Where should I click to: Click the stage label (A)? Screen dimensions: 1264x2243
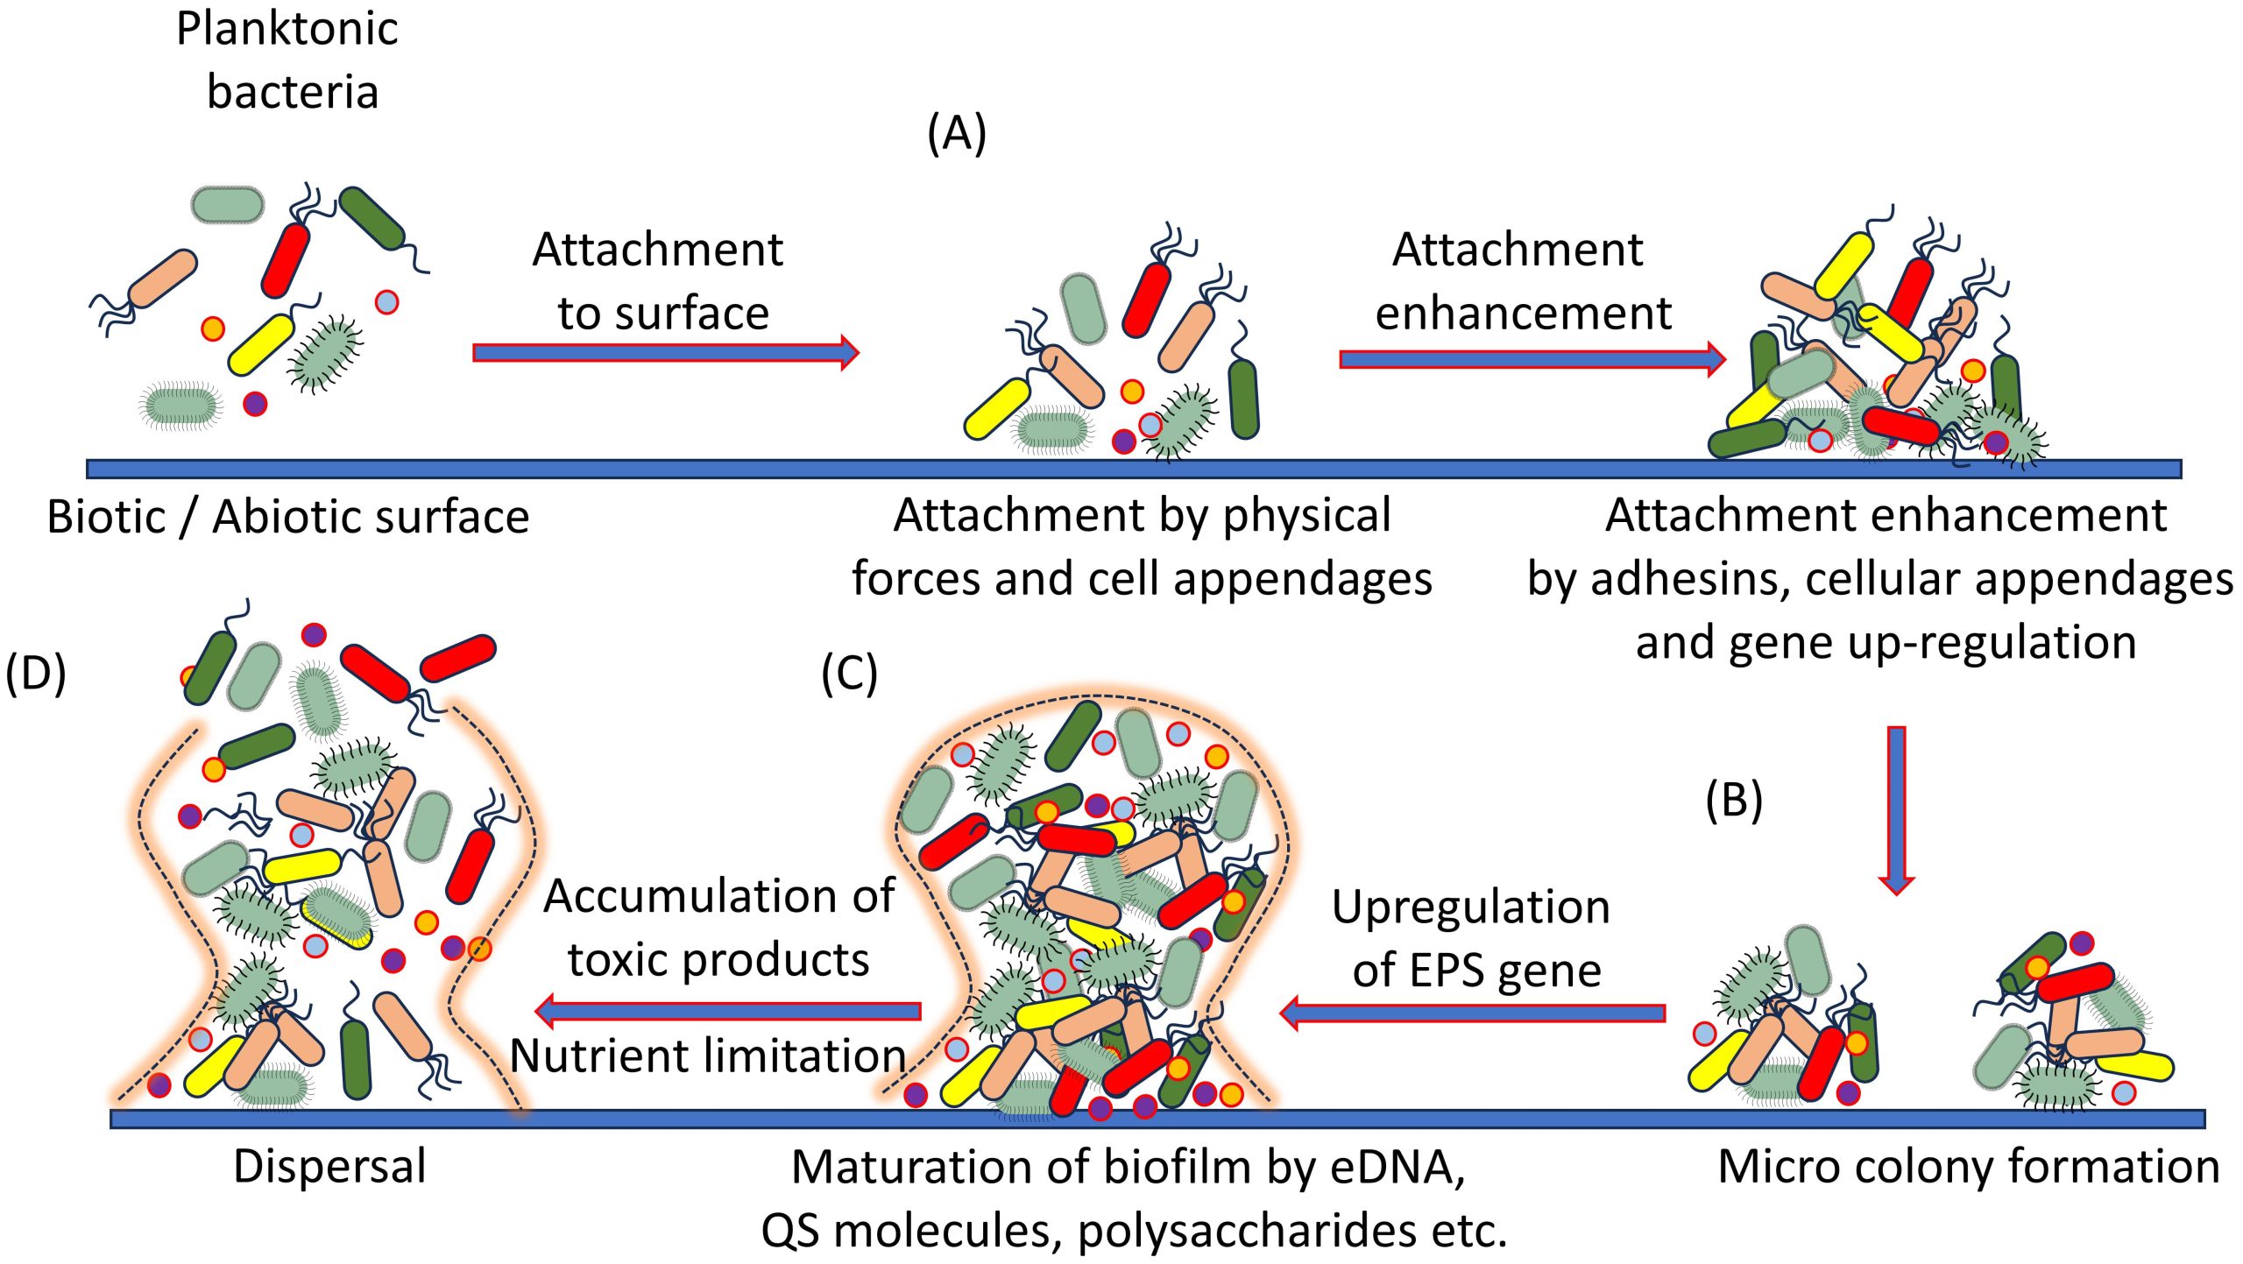pos(957,134)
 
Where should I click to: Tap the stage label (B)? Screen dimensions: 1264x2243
pos(1733,801)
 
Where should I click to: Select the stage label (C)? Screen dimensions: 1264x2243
pos(849,674)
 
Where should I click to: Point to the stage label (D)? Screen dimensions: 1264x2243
pos(36,674)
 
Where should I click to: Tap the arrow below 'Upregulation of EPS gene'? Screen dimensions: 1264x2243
pos(1472,1013)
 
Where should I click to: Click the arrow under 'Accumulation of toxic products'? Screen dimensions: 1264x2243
pos(727,1011)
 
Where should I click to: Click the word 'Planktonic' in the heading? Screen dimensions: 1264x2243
pos(287,29)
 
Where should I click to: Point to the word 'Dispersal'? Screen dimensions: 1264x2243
pos(329,1167)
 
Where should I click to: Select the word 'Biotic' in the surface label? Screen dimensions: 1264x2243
pos(106,517)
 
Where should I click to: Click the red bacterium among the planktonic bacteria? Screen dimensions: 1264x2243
pos(286,260)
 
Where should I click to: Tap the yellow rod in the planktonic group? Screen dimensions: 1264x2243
pos(260,344)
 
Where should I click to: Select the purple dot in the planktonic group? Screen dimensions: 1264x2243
pos(255,404)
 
